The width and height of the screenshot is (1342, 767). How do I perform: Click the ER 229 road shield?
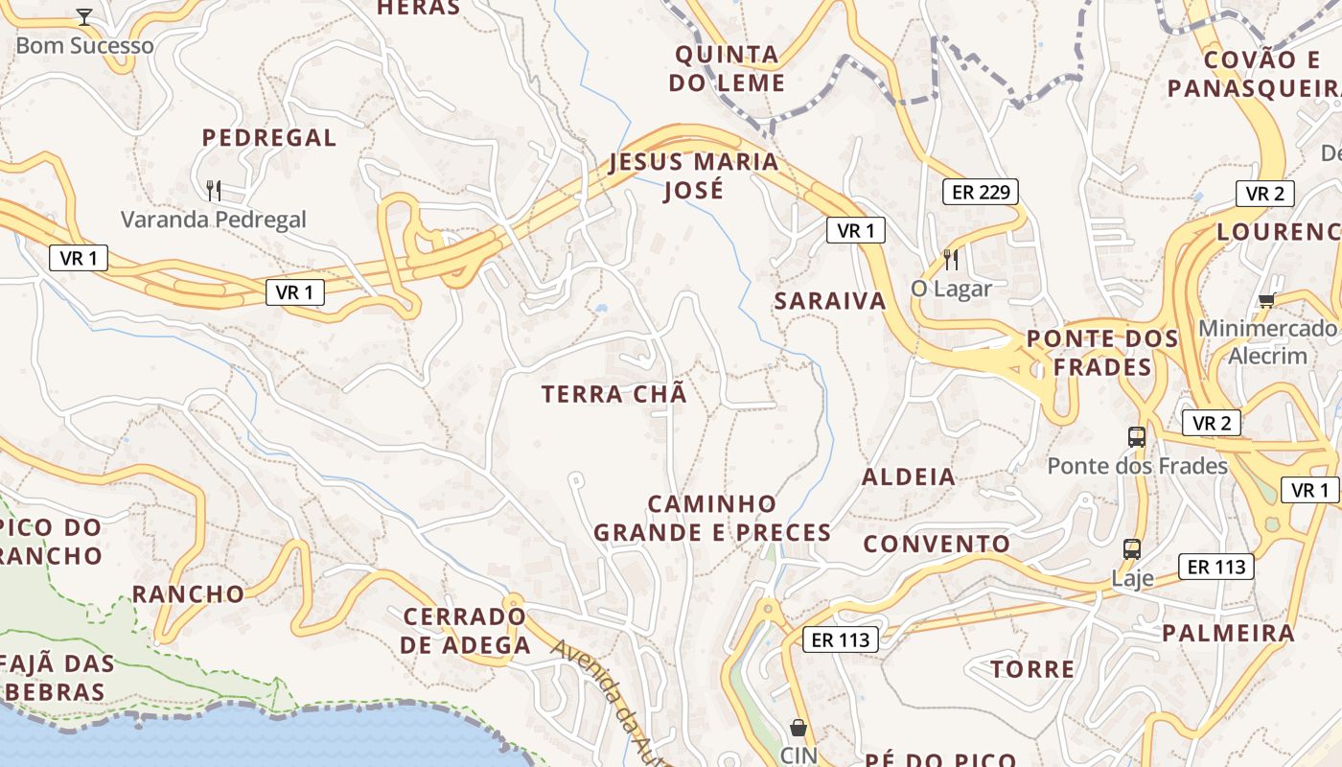[x=980, y=192]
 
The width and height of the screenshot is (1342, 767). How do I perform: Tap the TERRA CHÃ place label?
[x=614, y=394]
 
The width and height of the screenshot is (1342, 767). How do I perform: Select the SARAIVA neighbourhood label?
[x=830, y=301]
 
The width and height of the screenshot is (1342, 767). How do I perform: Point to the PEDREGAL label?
[x=269, y=137]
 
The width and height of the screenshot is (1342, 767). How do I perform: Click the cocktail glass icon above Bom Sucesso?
[x=84, y=17]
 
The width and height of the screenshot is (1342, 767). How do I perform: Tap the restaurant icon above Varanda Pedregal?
[x=214, y=191]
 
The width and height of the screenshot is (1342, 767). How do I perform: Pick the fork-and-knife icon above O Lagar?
[x=951, y=259]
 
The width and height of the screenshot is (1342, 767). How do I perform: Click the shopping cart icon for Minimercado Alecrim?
[x=1267, y=300]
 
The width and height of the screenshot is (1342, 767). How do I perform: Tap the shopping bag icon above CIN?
[x=798, y=728]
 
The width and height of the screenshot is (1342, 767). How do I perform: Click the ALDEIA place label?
[x=909, y=476]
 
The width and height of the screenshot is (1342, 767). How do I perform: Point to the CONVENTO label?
[x=937, y=545]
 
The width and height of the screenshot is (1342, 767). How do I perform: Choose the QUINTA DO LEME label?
[x=728, y=68]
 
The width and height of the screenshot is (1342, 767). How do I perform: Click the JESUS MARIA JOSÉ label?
[x=695, y=175]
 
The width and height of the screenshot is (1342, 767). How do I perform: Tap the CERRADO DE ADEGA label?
[x=465, y=630]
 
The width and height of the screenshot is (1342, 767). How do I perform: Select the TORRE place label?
[x=1032, y=669]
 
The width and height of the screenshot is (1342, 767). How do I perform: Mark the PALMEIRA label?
[x=1228, y=633]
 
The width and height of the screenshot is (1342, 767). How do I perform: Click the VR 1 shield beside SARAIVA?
[x=856, y=230]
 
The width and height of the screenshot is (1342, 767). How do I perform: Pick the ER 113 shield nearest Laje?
[x=1216, y=567]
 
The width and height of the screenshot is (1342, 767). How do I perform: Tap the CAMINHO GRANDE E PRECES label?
[x=712, y=518]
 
